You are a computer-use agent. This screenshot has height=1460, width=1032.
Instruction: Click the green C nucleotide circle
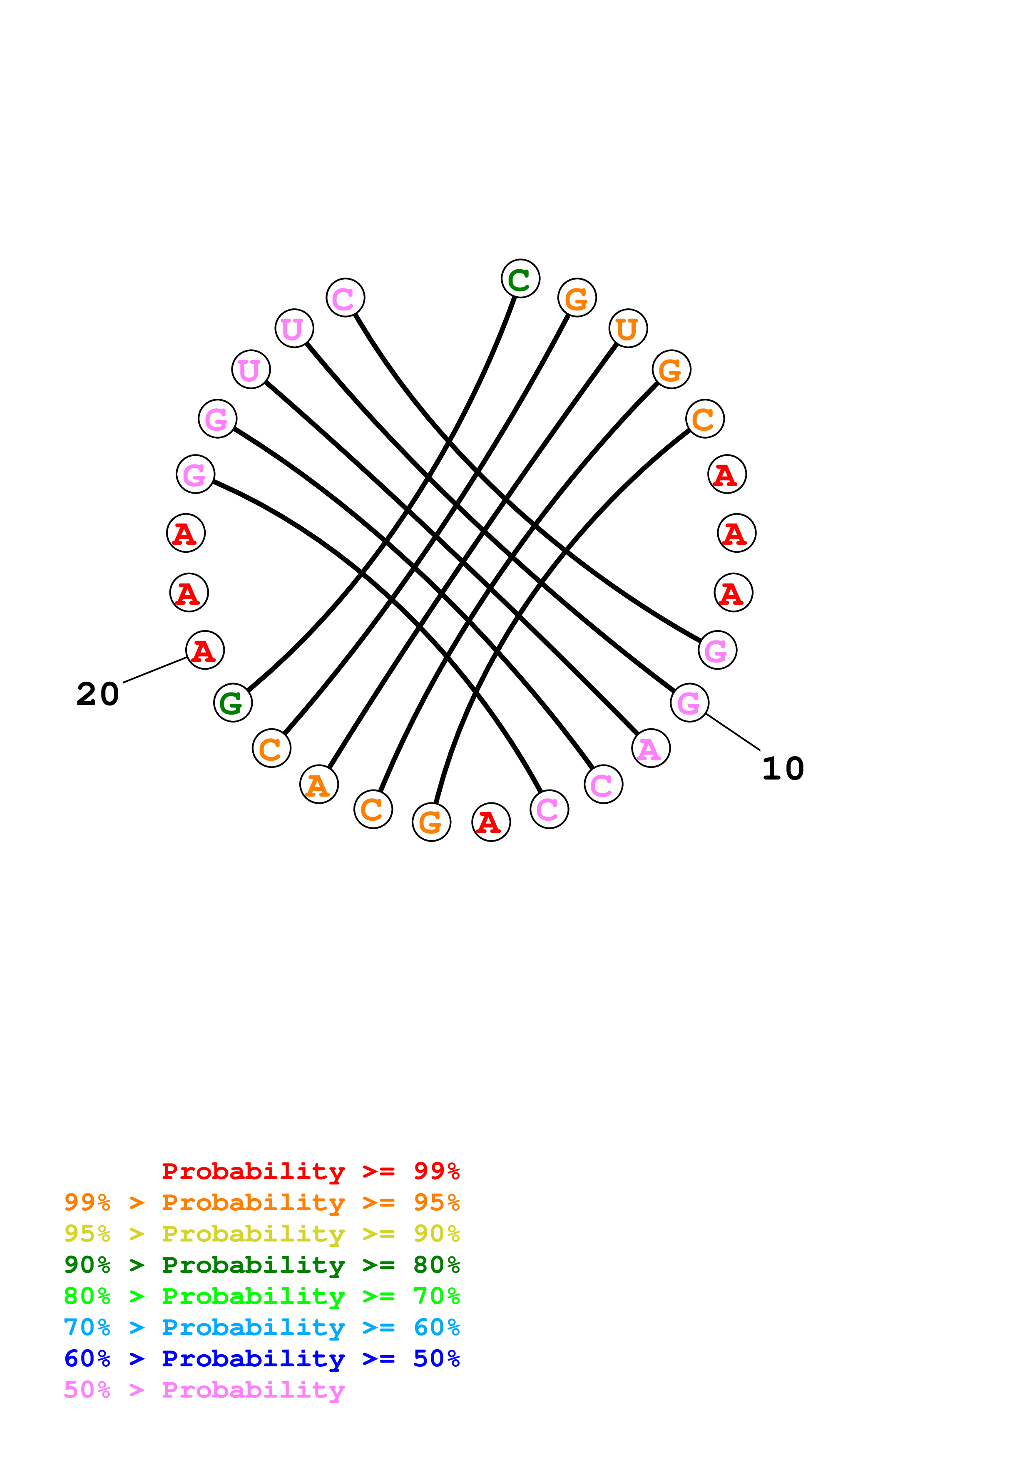[520, 278]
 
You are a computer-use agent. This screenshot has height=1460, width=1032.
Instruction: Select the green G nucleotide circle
[233, 703]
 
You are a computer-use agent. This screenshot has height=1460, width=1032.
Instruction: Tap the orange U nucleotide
[628, 329]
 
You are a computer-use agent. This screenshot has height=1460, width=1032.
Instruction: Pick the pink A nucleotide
[651, 748]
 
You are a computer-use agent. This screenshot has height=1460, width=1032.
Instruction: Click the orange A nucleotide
[318, 785]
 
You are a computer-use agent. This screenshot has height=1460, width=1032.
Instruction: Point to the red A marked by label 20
[205, 650]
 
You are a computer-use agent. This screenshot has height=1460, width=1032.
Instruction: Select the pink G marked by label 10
[689, 703]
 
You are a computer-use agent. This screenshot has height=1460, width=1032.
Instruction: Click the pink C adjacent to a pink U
[345, 298]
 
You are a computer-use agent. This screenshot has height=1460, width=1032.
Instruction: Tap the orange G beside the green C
[577, 298]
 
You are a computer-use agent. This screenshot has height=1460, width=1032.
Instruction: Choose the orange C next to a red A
[704, 419]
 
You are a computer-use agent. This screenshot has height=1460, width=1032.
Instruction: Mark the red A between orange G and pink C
[491, 822]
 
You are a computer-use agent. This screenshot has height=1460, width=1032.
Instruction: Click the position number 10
[783, 768]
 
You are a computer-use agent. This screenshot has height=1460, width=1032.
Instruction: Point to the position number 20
[98, 694]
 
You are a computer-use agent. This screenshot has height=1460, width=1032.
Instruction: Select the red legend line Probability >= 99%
[310, 1171]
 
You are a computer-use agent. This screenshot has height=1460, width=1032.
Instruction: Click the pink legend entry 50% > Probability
[204, 1390]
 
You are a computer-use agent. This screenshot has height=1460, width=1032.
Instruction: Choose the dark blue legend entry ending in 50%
[261, 1359]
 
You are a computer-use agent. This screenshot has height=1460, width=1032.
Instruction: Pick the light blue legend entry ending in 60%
[261, 1328]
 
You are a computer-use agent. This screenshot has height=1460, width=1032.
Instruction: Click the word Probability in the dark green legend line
[253, 1265]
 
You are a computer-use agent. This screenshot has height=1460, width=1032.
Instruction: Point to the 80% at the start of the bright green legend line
[87, 1296]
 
